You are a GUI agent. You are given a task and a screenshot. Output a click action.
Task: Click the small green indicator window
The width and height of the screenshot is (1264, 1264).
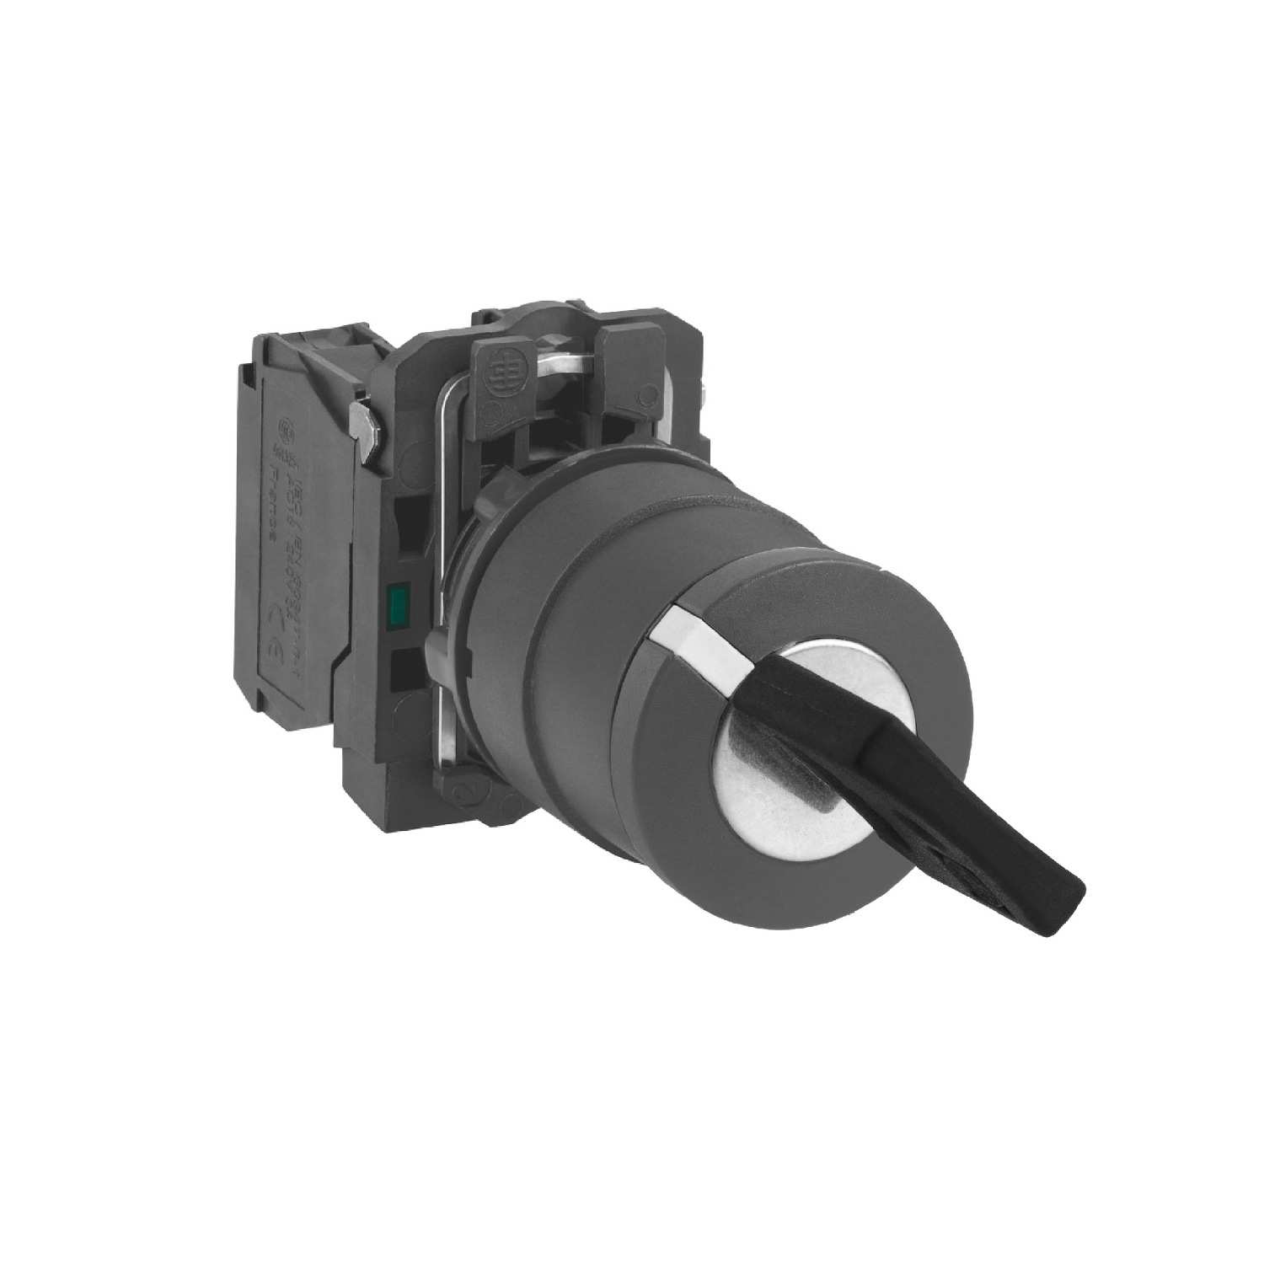(x=394, y=602)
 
